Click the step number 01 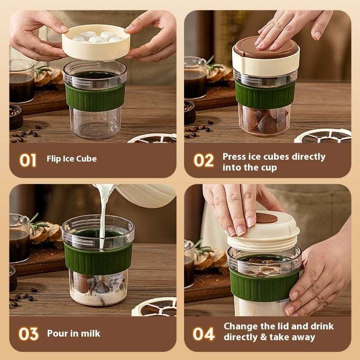28,160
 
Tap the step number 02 203,160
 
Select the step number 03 28,334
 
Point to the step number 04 203,334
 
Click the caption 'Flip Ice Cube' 72,159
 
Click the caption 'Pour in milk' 74,333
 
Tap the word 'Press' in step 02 234,157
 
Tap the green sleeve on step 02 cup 265,94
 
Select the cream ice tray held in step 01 96,43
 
